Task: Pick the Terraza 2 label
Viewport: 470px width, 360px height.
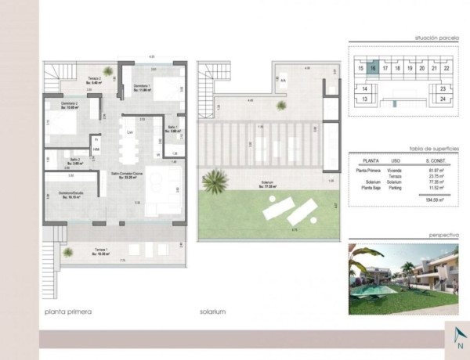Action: pyautogui.click(x=95, y=79)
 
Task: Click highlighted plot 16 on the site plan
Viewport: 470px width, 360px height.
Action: pyautogui.click(x=374, y=69)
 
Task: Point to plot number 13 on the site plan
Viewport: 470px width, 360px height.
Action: pyautogui.click(x=364, y=101)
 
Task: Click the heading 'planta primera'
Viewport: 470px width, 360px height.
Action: pyautogui.click(x=68, y=311)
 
